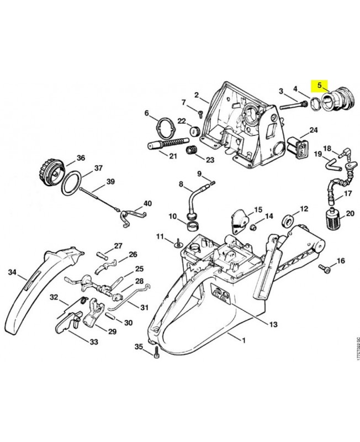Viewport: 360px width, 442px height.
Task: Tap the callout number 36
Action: pyautogui.click(x=81, y=158)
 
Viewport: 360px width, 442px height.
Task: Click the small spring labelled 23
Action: pyautogui.click(x=192, y=151)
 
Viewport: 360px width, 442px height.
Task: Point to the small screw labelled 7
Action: pyautogui.click(x=200, y=113)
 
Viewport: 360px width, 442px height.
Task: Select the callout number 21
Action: pyautogui.click(x=173, y=156)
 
